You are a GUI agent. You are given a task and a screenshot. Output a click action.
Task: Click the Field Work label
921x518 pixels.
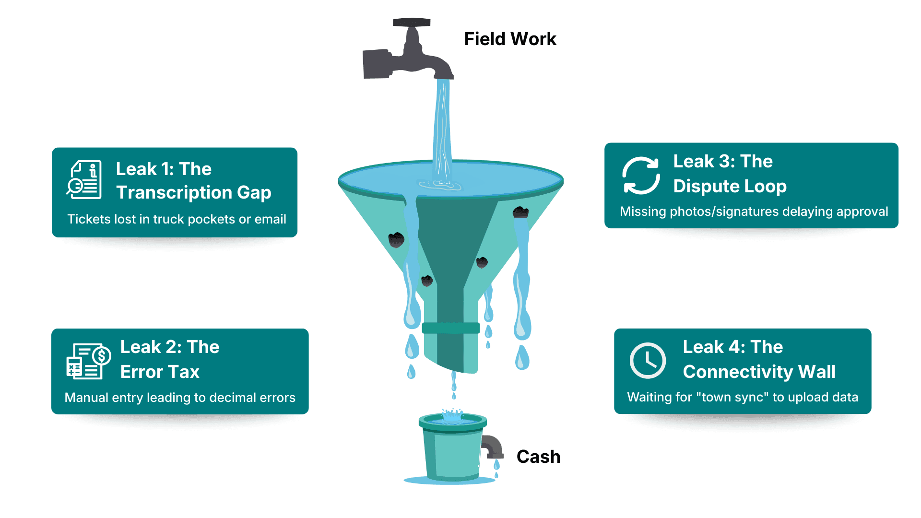click(x=510, y=39)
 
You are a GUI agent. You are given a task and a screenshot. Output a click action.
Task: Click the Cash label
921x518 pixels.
click(x=538, y=457)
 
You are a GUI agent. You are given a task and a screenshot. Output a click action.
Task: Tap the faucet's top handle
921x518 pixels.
click(x=412, y=23)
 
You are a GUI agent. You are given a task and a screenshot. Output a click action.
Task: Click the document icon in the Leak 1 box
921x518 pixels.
click(x=84, y=180)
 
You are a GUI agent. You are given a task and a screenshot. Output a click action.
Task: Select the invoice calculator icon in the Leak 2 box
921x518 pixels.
click(x=88, y=361)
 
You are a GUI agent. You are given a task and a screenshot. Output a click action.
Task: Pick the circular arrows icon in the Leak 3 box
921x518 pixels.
click(x=641, y=176)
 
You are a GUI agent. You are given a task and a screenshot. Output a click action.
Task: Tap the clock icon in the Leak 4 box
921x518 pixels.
click(x=647, y=361)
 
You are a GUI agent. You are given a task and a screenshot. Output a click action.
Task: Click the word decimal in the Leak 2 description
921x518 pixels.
click(x=233, y=398)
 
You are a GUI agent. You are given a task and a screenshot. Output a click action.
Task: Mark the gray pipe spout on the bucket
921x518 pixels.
click(x=492, y=446)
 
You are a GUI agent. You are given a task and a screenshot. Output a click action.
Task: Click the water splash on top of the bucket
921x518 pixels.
click(x=452, y=415)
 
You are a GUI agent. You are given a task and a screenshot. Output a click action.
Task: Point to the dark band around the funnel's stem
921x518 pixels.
click(x=450, y=328)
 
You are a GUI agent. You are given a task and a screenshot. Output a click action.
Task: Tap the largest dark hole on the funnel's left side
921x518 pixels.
click(x=396, y=240)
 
